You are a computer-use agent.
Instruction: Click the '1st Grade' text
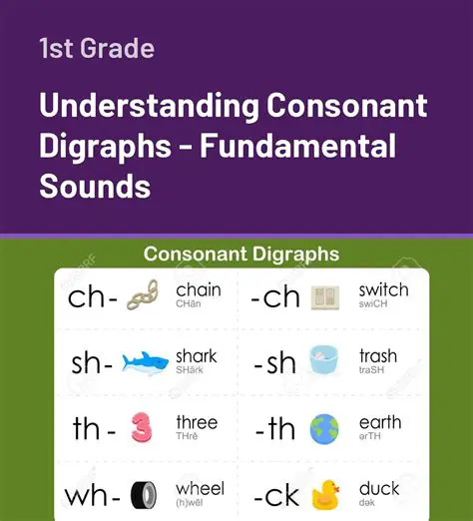[x=97, y=48]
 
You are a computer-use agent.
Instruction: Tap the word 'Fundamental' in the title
[x=298, y=146]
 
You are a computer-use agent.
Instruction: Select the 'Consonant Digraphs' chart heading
[x=240, y=254]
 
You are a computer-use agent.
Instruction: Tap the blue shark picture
[x=144, y=362]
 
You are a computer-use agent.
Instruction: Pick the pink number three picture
[x=143, y=428]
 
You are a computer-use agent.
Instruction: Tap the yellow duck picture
[x=325, y=494]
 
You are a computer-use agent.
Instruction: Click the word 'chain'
[x=199, y=289]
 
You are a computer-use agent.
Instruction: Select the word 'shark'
[x=197, y=355]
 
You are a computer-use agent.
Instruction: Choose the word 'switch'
[x=383, y=289]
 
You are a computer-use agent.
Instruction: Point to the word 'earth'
[x=379, y=422]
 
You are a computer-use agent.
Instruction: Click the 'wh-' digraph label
[x=92, y=495]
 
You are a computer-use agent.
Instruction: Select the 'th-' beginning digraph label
[x=95, y=429]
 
